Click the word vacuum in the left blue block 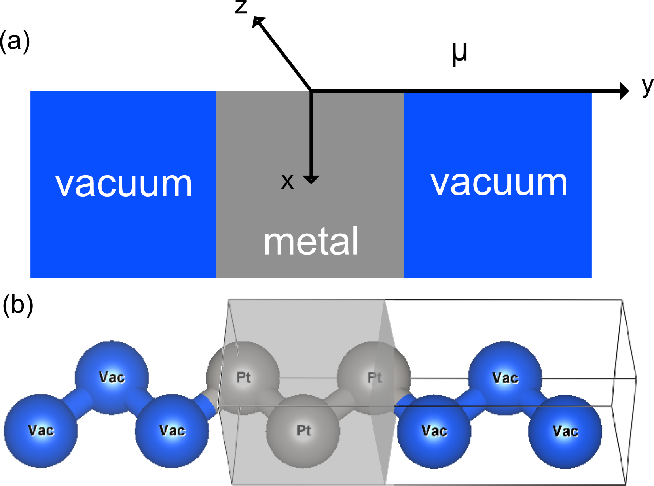coord(123,184)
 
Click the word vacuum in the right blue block coord(499,183)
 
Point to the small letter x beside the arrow coord(287,182)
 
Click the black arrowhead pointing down coord(311,180)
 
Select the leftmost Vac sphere coord(40,431)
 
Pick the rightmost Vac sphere coord(565,432)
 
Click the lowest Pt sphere coord(303,431)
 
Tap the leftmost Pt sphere coord(243,378)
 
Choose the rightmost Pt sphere coord(374,378)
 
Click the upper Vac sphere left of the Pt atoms coord(112,377)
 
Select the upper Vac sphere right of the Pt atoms coord(505,378)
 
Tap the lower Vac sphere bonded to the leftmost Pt coord(172,431)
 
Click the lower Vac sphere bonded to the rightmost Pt coord(434,431)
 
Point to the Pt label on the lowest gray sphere coord(304,431)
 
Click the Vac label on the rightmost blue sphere coord(565,431)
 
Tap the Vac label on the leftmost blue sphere coord(41,430)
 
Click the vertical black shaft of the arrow coord(311,134)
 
